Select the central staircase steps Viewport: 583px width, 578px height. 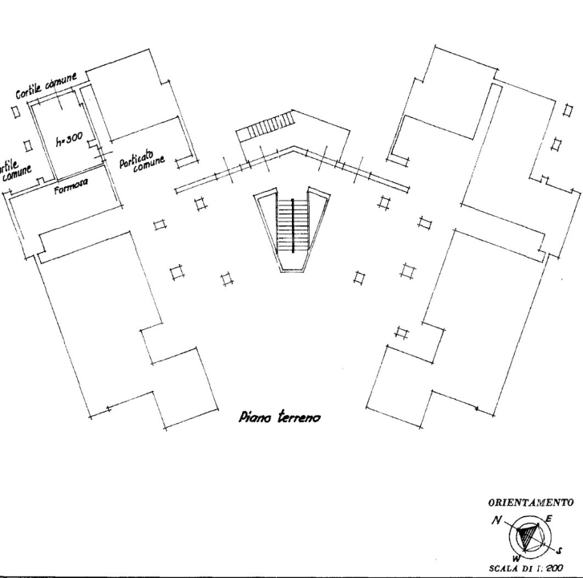coord(291,224)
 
